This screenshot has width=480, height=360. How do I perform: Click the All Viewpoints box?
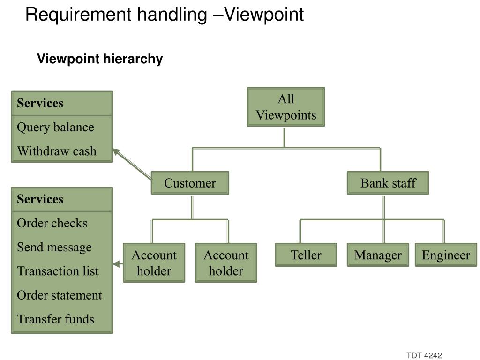click(x=286, y=107)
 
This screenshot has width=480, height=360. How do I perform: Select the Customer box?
click(x=190, y=183)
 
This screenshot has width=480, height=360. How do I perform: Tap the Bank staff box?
click(x=388, y=183)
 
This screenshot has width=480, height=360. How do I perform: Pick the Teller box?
click(x=306, y=255)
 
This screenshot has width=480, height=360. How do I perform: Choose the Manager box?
click(x=378, y=255)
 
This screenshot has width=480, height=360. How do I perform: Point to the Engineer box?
click(x=446, y=255)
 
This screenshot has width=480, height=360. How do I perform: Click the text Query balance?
click(x=55, y=127)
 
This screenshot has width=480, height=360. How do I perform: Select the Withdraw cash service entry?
click(x=57, y=151)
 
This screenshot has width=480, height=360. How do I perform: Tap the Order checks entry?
click(x=52, y=223)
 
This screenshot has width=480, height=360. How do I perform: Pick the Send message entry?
click(x=54, y=247)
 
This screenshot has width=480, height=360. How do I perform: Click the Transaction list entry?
click(x=58, y=271)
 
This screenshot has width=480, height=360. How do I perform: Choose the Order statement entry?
click(x=60, y=295)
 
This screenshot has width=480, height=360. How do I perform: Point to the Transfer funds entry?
click(x=55, y=319)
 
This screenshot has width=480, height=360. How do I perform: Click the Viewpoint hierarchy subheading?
click(x=100, y=59)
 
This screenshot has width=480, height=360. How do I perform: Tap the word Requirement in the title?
click(x=79, y=15)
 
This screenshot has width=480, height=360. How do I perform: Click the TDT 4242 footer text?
click(x=424, y=355)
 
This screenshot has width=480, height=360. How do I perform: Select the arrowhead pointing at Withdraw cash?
click(x=116, y=152)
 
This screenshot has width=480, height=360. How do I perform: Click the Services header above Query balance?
click(x=40, y=103)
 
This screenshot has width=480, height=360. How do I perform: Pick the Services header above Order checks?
click(x=40, y=199)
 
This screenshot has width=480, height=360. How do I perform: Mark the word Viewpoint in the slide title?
click(x=264, y=15)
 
